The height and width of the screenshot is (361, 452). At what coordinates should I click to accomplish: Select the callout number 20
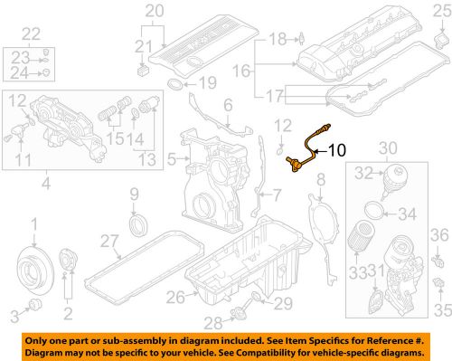[155, 11]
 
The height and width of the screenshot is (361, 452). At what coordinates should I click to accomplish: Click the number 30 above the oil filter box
[390, 147]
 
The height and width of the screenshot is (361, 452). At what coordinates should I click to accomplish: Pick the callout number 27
[109, 242]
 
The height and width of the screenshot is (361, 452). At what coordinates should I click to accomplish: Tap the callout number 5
[171, 160]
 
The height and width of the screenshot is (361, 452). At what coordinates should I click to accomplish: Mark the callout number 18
[277, 38]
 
